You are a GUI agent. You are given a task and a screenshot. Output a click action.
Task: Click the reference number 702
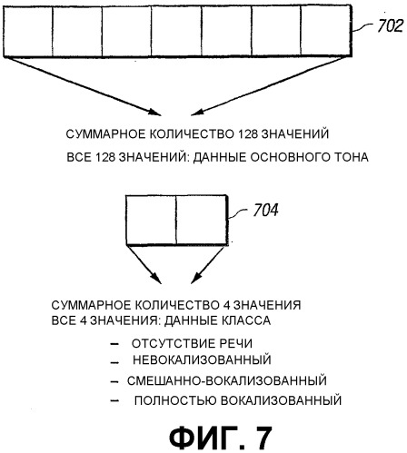point(391,25)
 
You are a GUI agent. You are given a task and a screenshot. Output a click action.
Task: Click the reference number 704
point(265,210)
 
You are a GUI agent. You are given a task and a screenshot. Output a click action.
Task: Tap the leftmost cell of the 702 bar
point(28,31)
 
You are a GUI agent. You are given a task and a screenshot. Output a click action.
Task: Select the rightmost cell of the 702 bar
point(326,31)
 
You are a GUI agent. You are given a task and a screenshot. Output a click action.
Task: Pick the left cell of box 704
point(151,220)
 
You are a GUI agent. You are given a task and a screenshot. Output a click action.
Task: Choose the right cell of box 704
point(202,220)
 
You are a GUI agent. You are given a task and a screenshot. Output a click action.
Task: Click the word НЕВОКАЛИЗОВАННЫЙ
point(202,359)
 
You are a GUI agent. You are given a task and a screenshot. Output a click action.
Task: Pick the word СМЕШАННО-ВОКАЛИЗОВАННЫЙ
point(227,380)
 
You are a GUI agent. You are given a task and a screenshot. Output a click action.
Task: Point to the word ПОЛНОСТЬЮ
point(175,400)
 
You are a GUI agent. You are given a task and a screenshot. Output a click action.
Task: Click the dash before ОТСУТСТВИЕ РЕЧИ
point(114,344)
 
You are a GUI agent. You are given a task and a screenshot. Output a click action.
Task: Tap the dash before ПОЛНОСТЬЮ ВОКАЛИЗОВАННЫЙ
point(114,401)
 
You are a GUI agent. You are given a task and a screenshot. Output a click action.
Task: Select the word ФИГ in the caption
point(203,438)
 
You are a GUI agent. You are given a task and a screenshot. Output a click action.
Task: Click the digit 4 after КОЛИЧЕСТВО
point(224,305)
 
